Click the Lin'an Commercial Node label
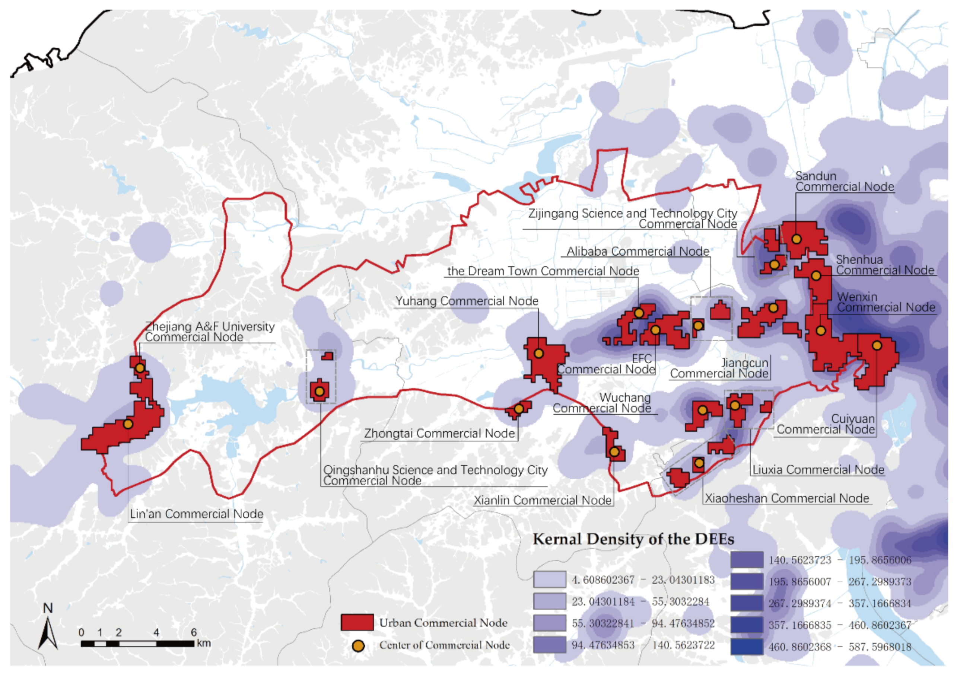point(196,514)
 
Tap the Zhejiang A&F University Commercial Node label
point(210,332)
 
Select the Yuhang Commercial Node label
point(467,301)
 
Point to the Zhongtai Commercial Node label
point(439,433)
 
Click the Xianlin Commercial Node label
point(543,500)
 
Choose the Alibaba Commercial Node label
point(638,251)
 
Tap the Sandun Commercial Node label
point(845,181)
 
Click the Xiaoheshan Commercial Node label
point(786,498)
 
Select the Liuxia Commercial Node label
point(818,470)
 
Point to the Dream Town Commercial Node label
point(543,271)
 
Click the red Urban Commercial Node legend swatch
point(357,622)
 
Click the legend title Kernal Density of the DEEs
point(633,539)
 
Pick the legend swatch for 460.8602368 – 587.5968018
point(747,646)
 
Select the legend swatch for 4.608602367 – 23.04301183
point(549,579)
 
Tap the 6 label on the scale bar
point(194,632)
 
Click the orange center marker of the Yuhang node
point(538,353)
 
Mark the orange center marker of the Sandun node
point(796,239)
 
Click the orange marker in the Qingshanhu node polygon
point(319,392)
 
